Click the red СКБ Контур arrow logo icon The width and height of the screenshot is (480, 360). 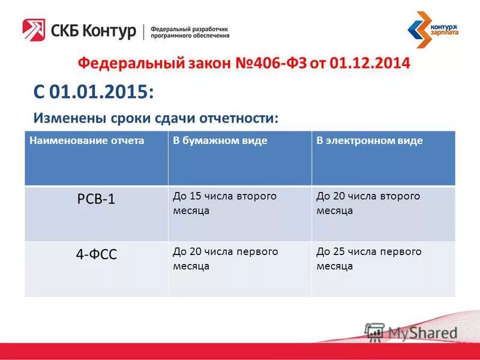pyautogui.click(x=34, y=30)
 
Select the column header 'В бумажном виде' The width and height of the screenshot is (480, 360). pyautogui.click(x=220, y=141)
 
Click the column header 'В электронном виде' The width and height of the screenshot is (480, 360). pyautogui.click(x=370, y=141)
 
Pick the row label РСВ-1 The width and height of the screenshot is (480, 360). pyautogui.click(x=96, y=200)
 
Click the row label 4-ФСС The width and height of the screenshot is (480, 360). pyautogui.click(x=96, y=254)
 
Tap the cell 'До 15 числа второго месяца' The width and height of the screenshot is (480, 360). pyautogui.click(x=224, y=203)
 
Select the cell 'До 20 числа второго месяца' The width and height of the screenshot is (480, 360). pyautogui.click(x=368, y=203)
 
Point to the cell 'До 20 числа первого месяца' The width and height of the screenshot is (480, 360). pyautogui.click(x=225, y=259)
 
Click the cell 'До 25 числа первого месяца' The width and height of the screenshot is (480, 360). pyautogui.click(x=368, y=259)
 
